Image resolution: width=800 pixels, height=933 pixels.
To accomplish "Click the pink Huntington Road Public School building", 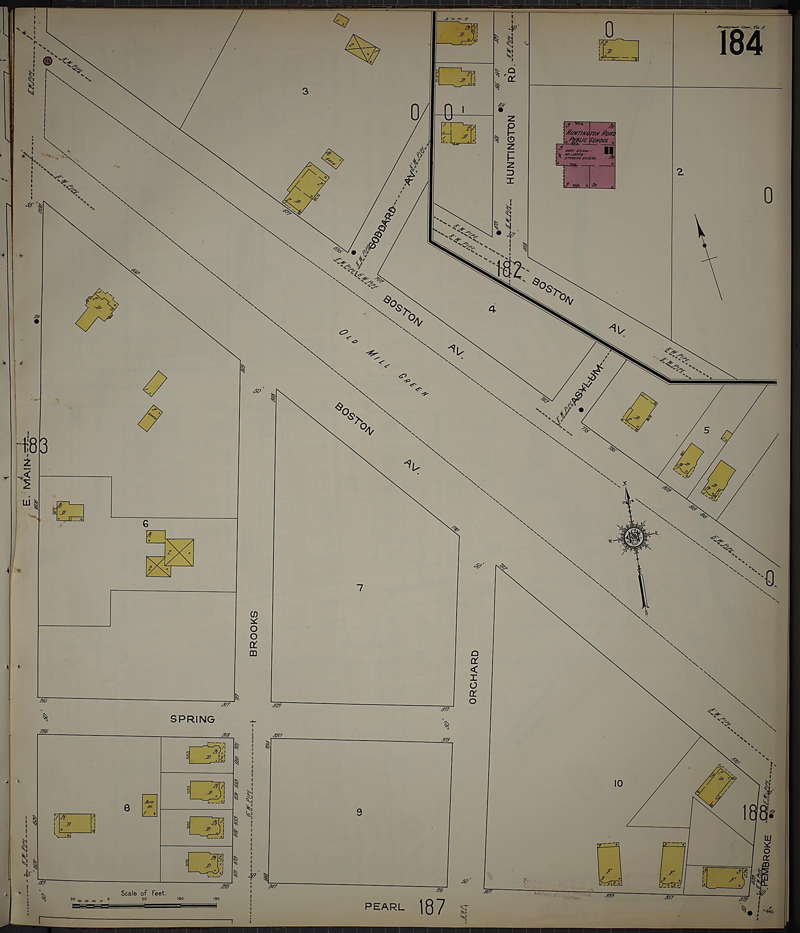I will [x=589, y=155].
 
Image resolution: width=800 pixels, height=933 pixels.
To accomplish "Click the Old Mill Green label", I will [x=383, y=363].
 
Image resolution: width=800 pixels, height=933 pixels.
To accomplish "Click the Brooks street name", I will [x=254, y=634].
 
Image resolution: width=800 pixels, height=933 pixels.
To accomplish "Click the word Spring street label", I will [x=192, y=719].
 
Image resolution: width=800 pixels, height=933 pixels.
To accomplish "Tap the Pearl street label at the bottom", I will [x=384, y=906].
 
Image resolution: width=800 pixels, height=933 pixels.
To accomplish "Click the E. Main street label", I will [x=27, y=483].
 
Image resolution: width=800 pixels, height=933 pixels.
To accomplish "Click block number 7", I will [x=359, y=588].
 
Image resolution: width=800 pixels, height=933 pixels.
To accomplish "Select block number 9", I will [x=359, y=812].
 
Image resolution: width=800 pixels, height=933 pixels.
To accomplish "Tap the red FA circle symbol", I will [x=47, y=61].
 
